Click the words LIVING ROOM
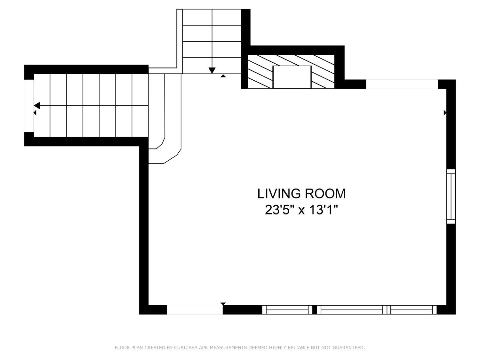point(301,194)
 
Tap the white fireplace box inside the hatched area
point(292,77)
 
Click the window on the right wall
point(451,196)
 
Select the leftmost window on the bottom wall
point(287,310)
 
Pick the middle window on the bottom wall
point(352,310)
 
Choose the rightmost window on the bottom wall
point(412,310)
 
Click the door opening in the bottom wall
point(195,310)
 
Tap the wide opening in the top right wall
point(402,84)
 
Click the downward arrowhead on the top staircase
point(212,70)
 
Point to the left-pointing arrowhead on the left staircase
point(37,105)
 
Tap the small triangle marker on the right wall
point(445,113)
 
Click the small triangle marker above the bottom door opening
point(223,304)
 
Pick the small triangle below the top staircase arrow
point(223,76)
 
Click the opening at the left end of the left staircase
point(29,106)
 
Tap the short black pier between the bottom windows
point(315,310)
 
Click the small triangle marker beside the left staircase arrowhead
point(35,113)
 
